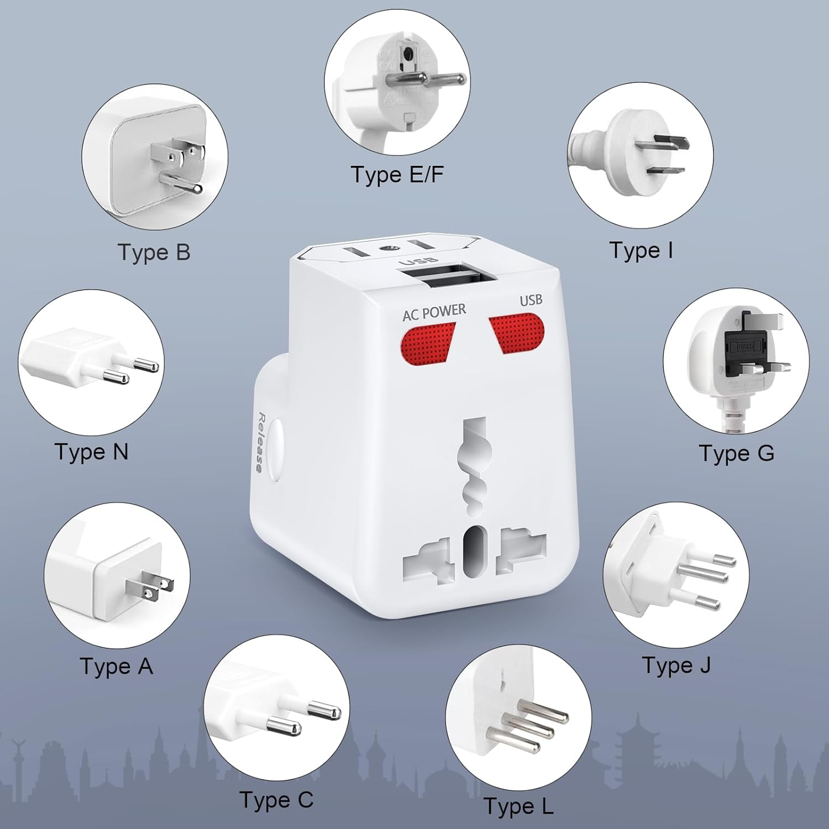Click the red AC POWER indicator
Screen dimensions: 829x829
pos(428,344)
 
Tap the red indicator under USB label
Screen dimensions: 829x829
pos(517,333)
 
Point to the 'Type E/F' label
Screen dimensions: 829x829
pos(397,175)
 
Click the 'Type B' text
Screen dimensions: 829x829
pos(154,253)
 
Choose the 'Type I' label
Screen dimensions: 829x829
pos(641,250)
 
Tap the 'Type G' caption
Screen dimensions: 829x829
pos(736,453)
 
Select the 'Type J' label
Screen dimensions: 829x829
pos(676,665)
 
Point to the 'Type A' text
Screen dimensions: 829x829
pos(116,667)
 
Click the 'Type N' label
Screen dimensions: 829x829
pos(91,452)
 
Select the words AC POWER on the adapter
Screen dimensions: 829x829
pos(434,312)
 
